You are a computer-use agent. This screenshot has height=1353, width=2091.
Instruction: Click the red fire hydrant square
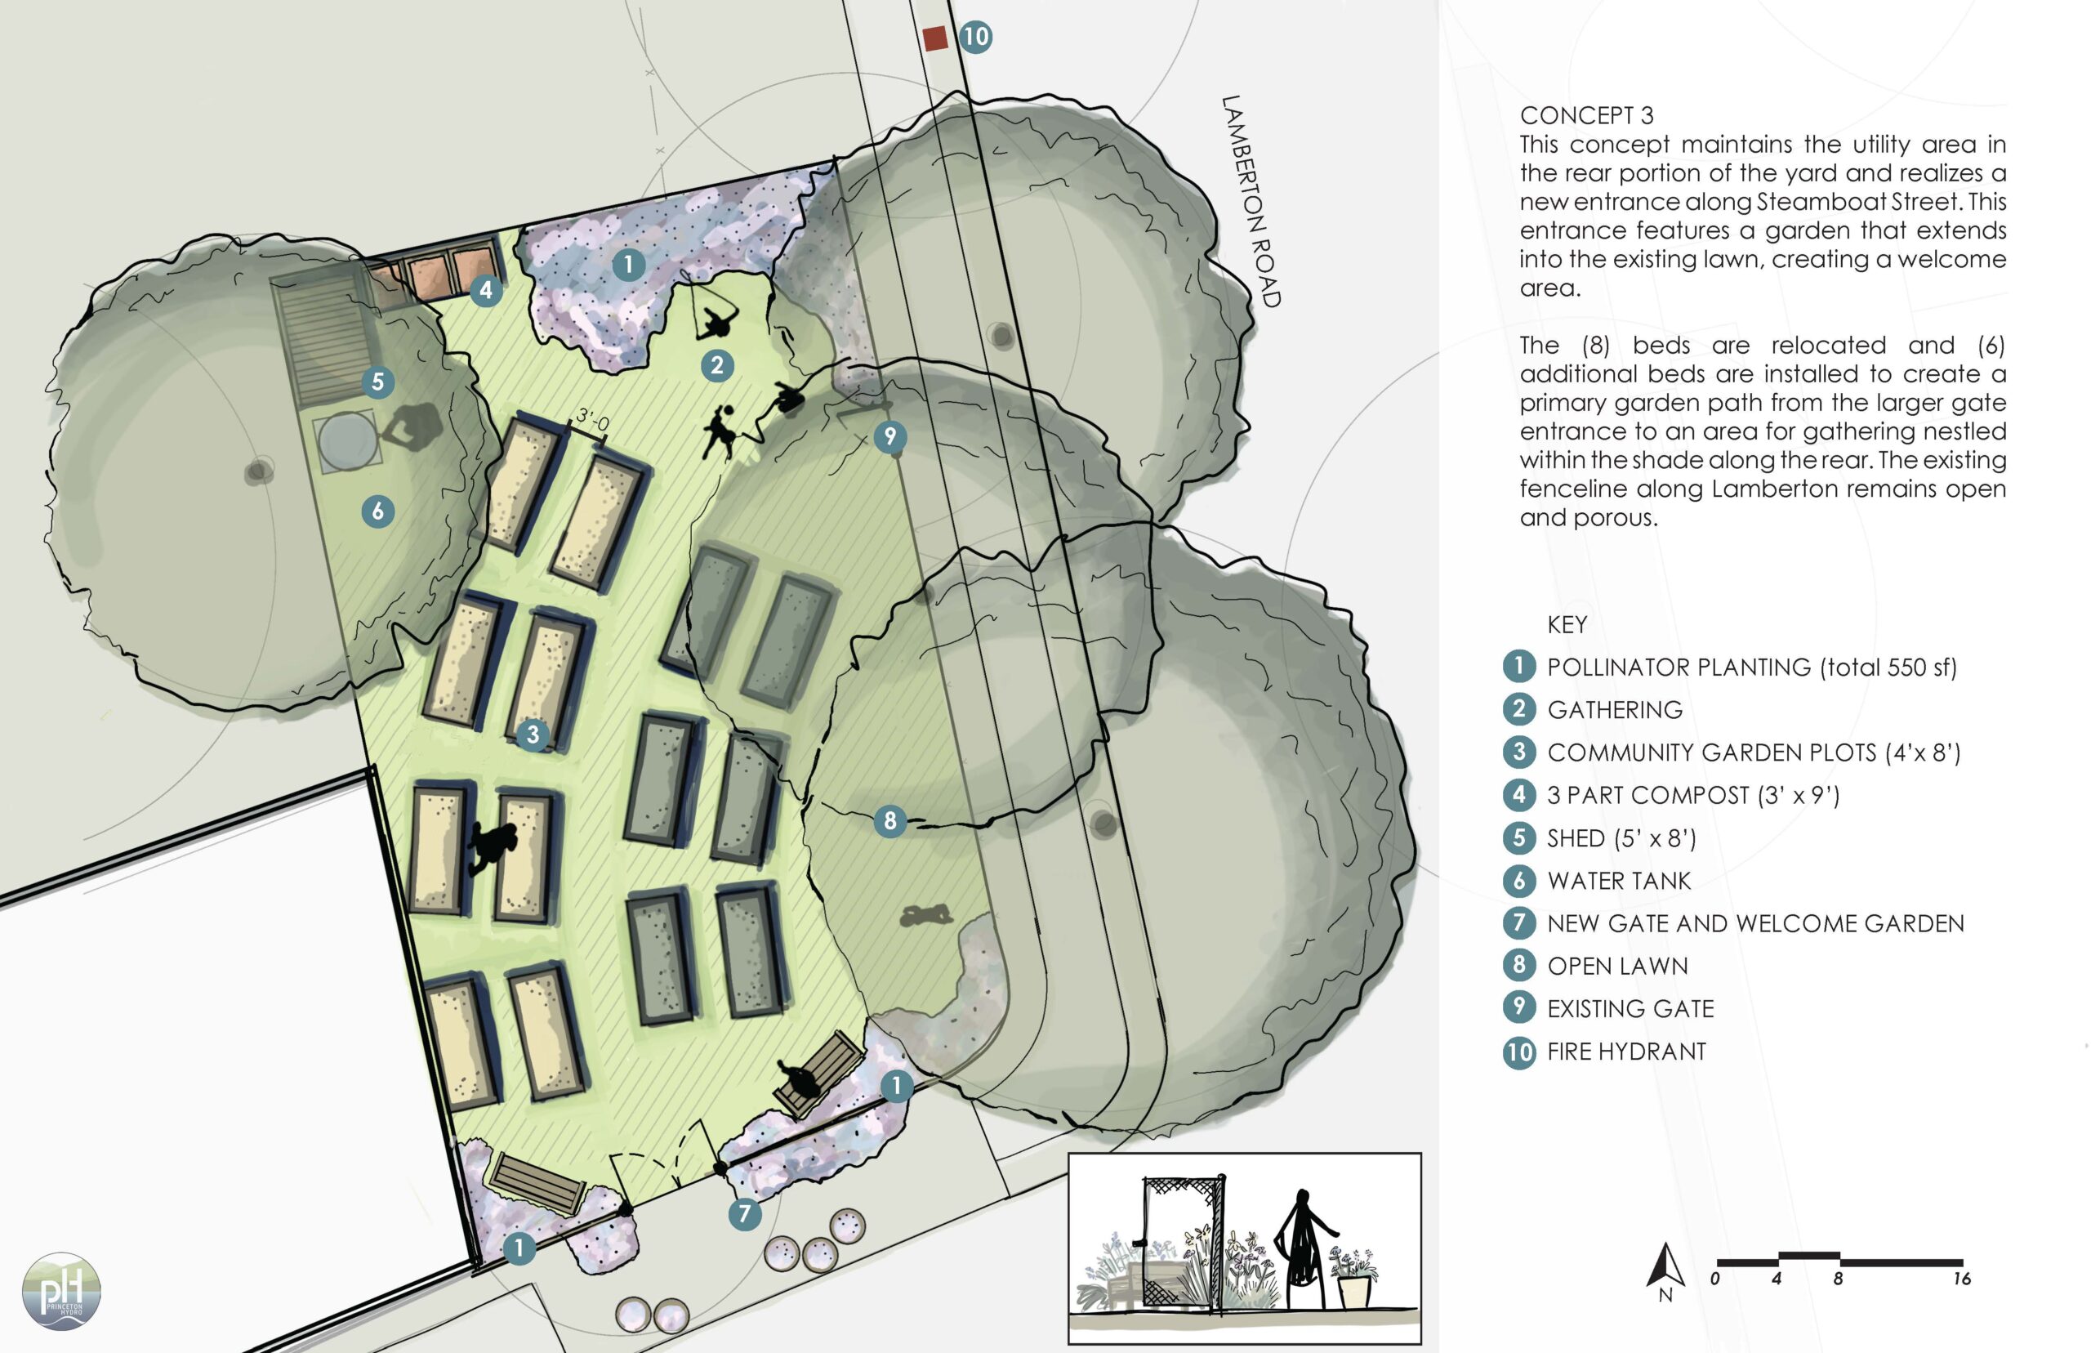click(935, 38)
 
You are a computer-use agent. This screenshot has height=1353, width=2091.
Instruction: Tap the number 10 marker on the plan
click(974, 37)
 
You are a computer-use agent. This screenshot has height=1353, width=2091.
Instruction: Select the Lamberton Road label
click(1251, 201)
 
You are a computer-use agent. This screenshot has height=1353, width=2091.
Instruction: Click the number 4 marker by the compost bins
click(486, 289)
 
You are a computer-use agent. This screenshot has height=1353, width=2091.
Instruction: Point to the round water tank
click(346, 441)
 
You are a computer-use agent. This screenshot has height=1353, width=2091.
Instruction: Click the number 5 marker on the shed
click(377, 382)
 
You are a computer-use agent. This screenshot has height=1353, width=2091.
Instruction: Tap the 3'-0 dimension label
click(593, 421)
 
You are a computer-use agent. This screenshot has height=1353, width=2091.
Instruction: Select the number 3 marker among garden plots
click(533, 735)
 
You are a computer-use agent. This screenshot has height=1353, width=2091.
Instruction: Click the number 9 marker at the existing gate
click(890, 435)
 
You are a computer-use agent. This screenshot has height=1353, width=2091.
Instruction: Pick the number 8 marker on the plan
click(890, 820)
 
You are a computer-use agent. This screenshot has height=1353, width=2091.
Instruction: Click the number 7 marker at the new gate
click(745, 1213)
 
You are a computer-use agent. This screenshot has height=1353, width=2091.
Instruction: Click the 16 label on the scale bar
click(1962, 1279)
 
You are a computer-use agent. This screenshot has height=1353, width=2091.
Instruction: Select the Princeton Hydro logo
click(61, 1291)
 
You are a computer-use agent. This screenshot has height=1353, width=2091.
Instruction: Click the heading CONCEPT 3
click(1586, 116)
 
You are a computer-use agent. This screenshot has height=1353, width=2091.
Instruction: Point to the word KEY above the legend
click(1567, 625)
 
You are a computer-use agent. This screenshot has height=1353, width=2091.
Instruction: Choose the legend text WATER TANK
click(1619, 880)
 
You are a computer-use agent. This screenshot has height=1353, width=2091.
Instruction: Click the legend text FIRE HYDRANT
click(1626, 1052)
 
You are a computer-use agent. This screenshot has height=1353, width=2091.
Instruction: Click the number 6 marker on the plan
click(377, 511)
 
